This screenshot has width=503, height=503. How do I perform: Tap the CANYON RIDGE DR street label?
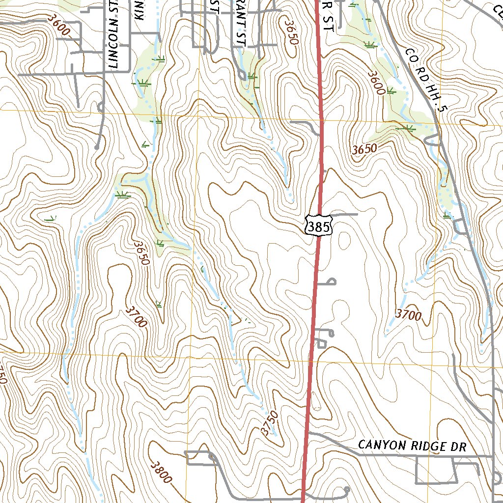click(x=412, y=446)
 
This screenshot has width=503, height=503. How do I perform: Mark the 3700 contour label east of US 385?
click(x=408, y=315)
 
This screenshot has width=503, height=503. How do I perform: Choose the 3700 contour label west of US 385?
click(x=136, y=316)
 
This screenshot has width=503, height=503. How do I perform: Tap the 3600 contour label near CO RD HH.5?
click(x=376, y=82)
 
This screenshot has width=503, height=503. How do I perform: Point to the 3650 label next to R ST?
click(x=291, y=32)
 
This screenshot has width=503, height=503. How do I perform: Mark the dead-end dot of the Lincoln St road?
click(x=97, y=146)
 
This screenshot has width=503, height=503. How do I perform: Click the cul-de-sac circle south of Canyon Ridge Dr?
click(x=347, y=489)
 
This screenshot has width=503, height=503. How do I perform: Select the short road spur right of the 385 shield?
click(x=344, y=215)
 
